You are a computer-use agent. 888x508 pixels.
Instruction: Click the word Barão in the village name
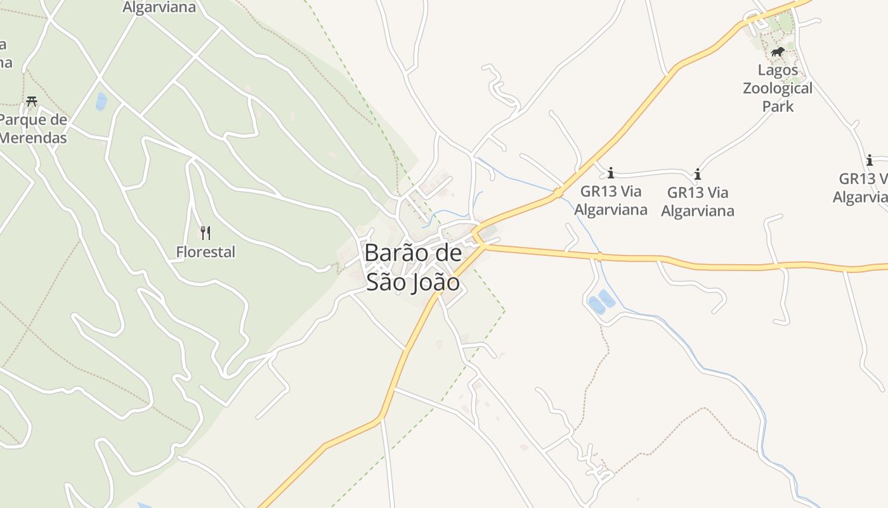(393, 253)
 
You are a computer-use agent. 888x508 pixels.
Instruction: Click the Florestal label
(206, 252)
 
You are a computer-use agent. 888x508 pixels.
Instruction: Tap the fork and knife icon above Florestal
(205, 233)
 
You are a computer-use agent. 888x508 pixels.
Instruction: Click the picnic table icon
(32, 102)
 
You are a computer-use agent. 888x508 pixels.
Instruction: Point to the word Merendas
(33, 137)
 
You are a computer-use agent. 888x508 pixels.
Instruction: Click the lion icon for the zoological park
(778, 51)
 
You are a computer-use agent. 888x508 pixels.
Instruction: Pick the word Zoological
(778, 88)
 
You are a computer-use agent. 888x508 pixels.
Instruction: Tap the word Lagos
(778, 70)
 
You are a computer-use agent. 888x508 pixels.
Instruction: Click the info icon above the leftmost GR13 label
(611, 173)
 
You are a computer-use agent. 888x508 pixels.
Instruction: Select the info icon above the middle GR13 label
(698, 174)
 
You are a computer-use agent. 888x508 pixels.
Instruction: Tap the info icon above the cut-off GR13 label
(869, 160)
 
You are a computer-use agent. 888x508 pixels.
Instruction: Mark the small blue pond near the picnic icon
(101, 102)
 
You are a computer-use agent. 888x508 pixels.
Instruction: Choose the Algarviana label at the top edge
(159, 8)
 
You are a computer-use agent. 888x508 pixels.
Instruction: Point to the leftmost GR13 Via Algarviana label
(611, 200)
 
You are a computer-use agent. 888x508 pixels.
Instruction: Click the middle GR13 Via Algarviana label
(698, 201)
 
